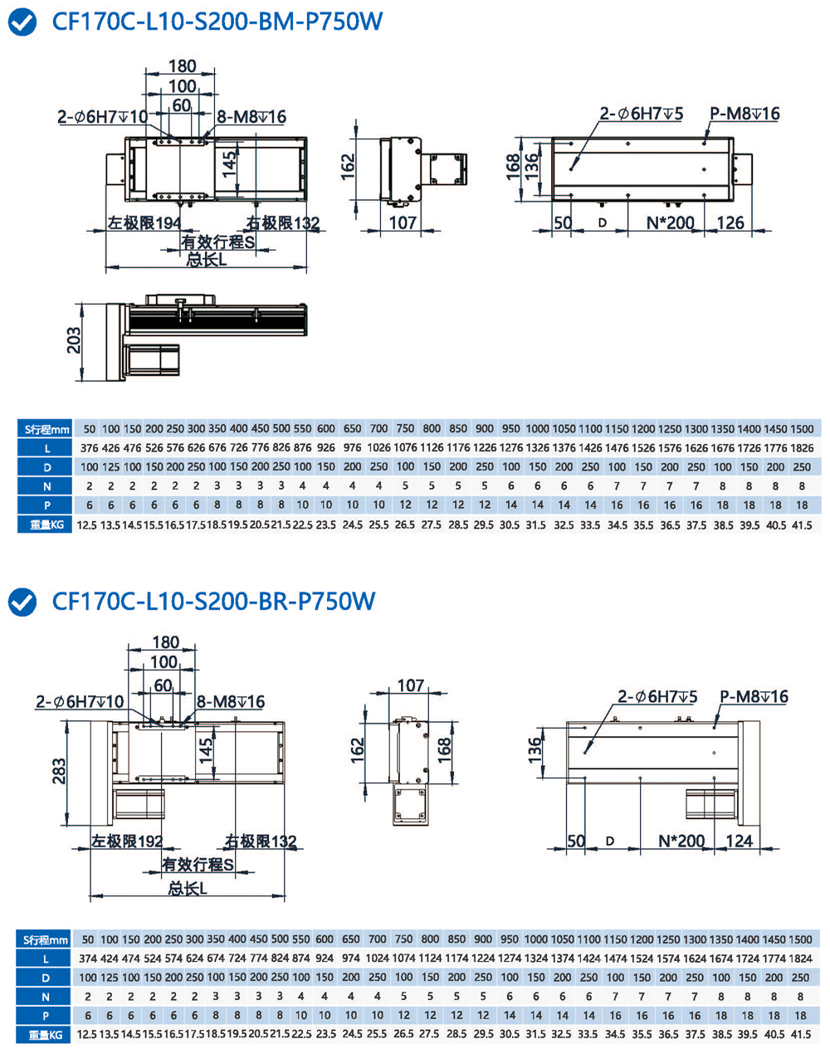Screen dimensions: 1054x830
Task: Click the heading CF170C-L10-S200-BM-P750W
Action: (217, 22)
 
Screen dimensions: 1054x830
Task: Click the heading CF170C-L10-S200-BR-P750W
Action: (213, 601)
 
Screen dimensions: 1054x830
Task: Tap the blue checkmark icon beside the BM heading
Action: (22, 22)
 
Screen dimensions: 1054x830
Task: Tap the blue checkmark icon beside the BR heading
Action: (22, 602)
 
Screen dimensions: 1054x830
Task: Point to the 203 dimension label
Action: (75, 340)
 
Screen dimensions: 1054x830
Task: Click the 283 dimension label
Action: (59, 772)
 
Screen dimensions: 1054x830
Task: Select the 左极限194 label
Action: (144, 223)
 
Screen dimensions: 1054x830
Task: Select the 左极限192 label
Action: (127, 842)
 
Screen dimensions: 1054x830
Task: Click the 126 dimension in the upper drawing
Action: (730, 222)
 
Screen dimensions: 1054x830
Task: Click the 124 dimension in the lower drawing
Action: (739, 841)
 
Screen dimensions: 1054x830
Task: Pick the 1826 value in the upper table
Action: (802, 448)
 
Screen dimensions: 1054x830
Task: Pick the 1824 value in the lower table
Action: (800, 959)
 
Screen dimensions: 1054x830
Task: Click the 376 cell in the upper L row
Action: (89, 448)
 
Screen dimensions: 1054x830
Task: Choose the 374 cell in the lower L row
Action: (88, 959)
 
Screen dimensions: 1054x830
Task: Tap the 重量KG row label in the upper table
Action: (46, 525)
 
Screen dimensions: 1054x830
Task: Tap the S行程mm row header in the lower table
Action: (46, 939)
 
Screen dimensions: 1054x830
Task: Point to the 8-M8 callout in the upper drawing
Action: (251, 117)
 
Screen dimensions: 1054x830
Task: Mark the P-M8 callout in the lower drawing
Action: (754, 696)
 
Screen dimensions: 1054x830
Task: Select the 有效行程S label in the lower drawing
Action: (198, 865)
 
